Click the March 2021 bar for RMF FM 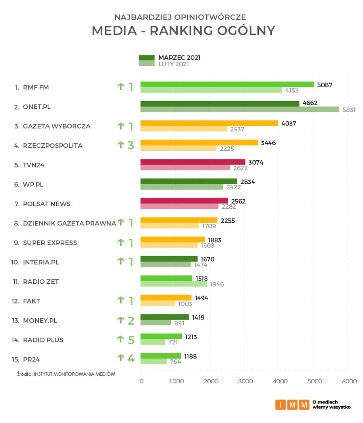227,85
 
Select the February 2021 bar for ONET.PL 240,110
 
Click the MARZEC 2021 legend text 179,58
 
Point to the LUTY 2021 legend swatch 146,64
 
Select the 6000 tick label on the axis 349,381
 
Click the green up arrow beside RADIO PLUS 121,339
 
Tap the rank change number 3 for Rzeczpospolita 131,145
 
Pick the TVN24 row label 34,165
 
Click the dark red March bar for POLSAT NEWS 184,201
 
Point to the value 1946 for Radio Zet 217,285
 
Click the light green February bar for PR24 154,361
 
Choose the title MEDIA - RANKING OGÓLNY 183,31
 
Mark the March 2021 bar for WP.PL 188,181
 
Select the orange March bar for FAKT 166,298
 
